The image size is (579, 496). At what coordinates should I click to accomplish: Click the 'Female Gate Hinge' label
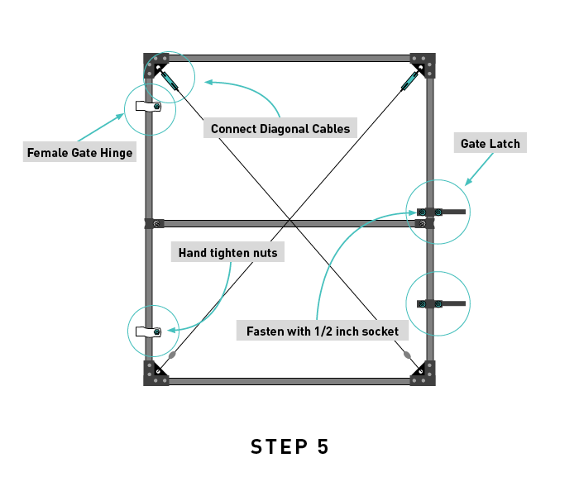(x=79, y=153)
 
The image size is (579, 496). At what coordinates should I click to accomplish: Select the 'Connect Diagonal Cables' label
(x=280, y=129)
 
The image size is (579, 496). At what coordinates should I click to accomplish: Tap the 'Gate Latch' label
(x=490, y=144)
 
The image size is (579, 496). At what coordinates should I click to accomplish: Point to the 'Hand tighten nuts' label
(x=227, y=253)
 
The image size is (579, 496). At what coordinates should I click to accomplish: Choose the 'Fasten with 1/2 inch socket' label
(x=323, y=331)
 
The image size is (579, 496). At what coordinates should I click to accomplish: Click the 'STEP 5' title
(x=289, y=447)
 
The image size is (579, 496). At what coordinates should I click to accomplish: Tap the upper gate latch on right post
(x=439, y=212)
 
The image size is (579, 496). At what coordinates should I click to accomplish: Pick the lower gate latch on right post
(x=439, y=304)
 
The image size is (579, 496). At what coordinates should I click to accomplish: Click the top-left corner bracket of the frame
(x=156, y=64)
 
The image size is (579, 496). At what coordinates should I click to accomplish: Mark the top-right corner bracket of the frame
(x=423, y=64)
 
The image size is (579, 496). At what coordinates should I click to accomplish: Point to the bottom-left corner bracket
(x=156, y=374)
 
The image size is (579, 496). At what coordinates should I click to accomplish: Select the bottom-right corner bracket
(x=423, y=374)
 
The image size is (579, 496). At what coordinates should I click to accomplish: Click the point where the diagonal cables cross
(x=289, y=219)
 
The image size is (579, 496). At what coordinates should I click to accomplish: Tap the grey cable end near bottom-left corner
(x=173, y=355)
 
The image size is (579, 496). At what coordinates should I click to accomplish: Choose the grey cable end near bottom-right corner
(x=407, y=355)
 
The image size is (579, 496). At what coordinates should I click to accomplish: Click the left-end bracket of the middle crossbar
(x=154, y=223)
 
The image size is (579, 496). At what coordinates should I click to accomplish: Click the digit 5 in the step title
(x=322, y=447)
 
